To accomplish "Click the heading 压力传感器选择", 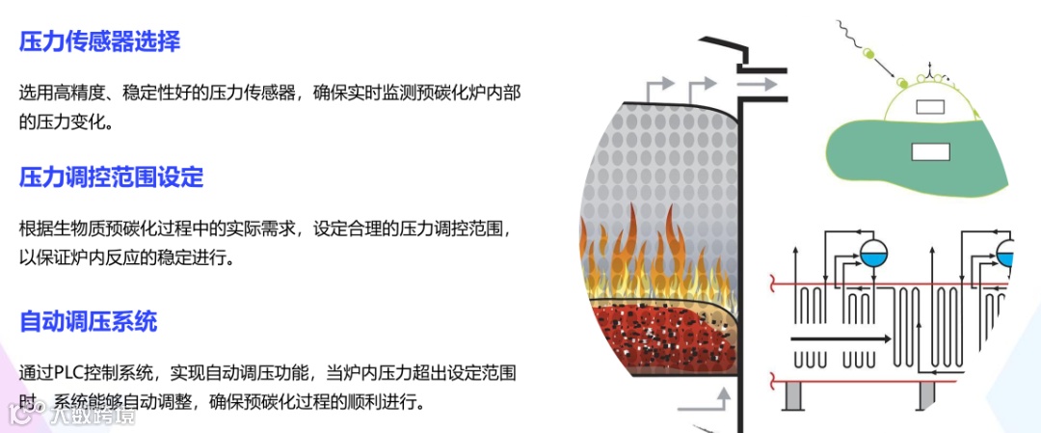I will (x=100, y=41).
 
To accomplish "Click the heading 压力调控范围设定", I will (x=112, y=177).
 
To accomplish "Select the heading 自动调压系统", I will (x=88, y=320).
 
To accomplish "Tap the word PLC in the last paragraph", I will (x=76, y=372).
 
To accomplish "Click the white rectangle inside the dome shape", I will (x=929, y=107).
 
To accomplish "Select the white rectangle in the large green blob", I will (x=930, y=151).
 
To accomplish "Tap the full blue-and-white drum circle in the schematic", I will (x=873, y=253).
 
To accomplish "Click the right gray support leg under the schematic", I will (x=924, y=393).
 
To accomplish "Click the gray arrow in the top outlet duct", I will (x=757, y=85).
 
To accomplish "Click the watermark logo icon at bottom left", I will (x=18, y=413).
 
